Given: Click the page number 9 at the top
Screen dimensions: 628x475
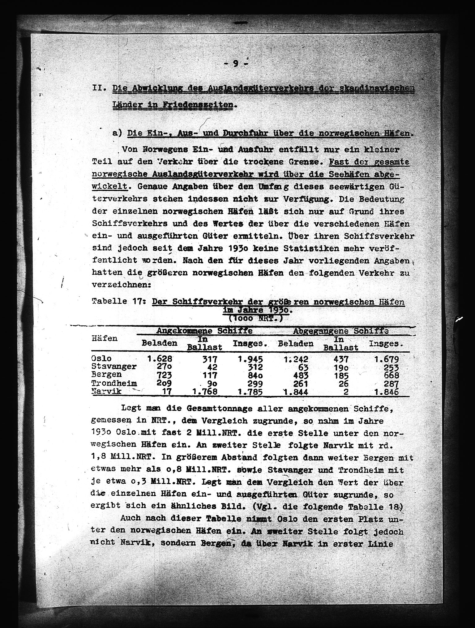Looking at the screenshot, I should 236,63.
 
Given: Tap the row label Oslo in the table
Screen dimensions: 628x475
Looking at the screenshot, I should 101,359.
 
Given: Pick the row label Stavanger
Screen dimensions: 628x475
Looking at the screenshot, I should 114,367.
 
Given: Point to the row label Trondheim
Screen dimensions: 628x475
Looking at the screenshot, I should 114,383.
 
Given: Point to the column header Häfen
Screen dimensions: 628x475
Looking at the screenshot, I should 105,338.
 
